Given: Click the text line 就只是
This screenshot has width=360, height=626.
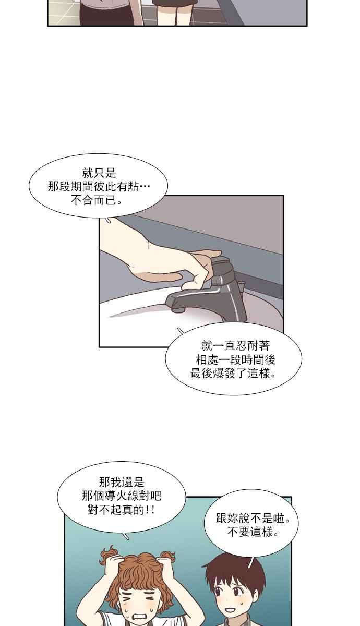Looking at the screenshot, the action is tap(99, 173).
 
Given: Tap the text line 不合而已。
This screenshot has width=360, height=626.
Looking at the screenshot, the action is tap(97, 200).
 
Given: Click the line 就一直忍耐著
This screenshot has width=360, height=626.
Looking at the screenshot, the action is tap(235, 346).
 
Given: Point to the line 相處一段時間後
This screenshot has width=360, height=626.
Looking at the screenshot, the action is tap(236, 359).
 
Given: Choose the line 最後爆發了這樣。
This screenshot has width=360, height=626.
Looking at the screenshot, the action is tap(233, 374).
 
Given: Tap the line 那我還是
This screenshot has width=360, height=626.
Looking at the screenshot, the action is tap(122, 482).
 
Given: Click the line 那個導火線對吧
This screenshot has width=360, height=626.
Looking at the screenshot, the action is tap(122, 496).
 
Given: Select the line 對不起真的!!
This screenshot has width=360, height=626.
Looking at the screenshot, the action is tap(121, 510).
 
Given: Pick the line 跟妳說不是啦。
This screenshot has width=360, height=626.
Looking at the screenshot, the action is tap(253, 519).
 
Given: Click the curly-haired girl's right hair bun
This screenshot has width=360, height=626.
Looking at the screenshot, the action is tap(168, 556).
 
